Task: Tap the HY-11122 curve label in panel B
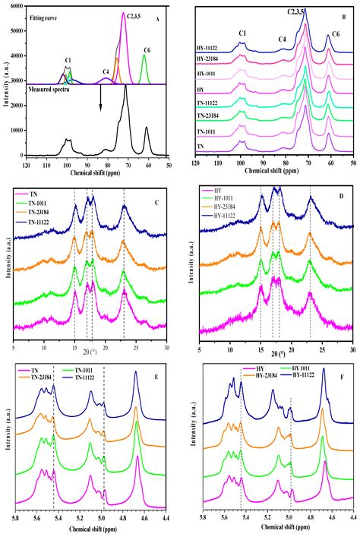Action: [209, 49]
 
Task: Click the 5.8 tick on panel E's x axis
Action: [15, 517]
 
